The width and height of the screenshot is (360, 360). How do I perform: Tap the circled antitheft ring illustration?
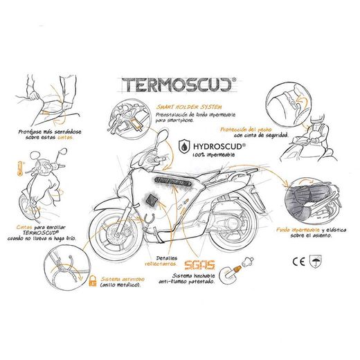tap(63, 271)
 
